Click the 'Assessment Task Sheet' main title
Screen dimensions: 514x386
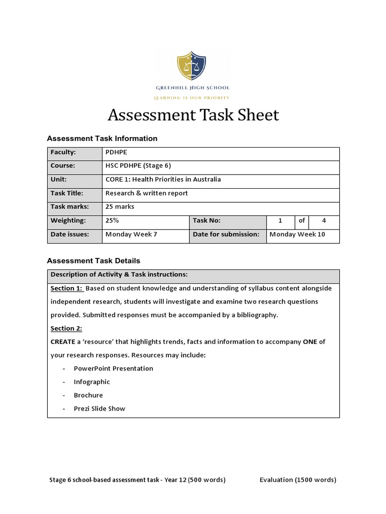point(194,115)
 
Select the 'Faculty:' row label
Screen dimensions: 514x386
point(63,152)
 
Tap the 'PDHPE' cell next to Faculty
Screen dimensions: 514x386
point(116,152)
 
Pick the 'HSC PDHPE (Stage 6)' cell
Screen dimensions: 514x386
point(134,166)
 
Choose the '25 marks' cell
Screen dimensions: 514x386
point(120,207)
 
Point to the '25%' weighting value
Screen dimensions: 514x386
point(113,220)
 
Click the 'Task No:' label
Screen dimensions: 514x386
point(207,220)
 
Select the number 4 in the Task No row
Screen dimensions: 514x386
point(324,220)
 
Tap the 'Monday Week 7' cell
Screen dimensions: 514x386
point(131,234)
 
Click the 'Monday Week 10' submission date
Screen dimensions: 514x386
point(297,234)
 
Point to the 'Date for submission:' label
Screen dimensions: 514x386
point(226,234)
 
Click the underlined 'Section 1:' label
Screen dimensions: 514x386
point(66,289)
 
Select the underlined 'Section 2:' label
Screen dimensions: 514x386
point(66,329)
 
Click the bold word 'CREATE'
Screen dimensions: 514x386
point(63,342)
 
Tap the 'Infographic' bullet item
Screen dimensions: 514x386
point(92,382)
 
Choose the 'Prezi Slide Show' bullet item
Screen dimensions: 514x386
point(100,409)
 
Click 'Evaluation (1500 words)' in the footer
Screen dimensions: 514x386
point(298,480)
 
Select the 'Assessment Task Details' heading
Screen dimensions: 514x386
point(93,261)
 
